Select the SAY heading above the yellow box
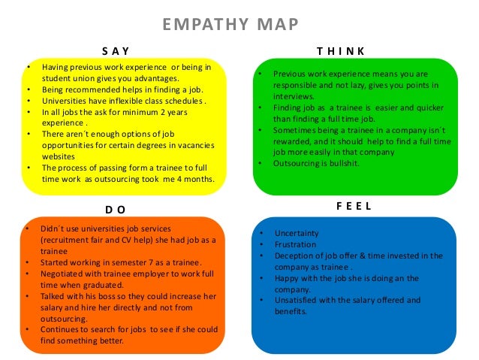[116, 51]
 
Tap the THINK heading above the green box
[341, 51]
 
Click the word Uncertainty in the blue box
[297, 233]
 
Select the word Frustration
[296, 244]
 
